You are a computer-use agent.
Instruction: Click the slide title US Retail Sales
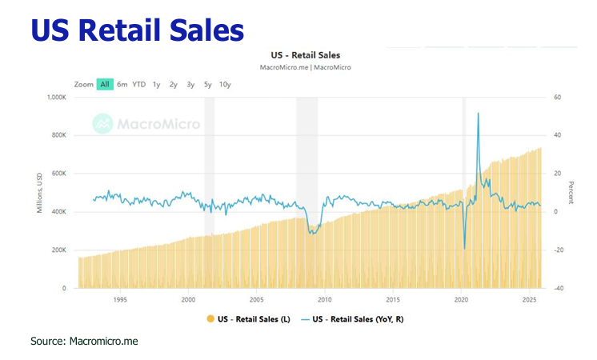[x=137, y=30]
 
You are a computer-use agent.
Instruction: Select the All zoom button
[x=105, y=84]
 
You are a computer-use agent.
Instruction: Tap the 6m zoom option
[x=122, y=84]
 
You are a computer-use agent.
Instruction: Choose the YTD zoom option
[x=138, y=84]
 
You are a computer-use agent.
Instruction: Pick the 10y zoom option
[x=225, y=84]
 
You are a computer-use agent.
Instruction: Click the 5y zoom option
[x=207, y=84]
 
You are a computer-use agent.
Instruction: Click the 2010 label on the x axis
[x=324, y=300]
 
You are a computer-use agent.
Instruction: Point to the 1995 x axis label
[x=120, y=300]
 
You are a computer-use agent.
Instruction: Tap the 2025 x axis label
[x=529, y=300]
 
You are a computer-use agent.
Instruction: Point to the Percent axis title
[x=571, y=193]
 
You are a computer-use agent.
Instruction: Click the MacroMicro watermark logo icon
[x=102, y=123]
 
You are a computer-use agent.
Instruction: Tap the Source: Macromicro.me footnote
[x=84, y=342]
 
